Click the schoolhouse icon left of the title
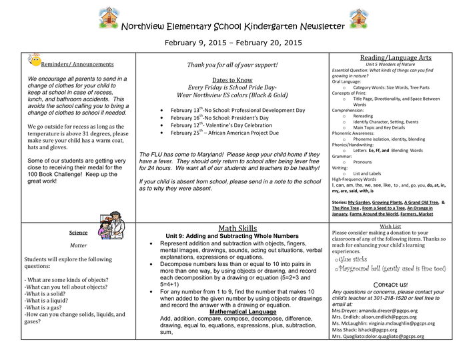[x=109, y=16]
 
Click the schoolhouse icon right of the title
[x=358, y=16]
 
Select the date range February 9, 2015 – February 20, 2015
[x=233, y=43]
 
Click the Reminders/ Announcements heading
[x=77, y=64]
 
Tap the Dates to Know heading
[x=230, y=80]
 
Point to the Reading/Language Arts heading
[x=396, y=58]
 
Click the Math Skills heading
[x=238, y=228]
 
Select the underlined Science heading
[x=78, y=233]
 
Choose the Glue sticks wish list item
[x=352, y=259]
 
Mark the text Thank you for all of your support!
[x=232, y=65]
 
